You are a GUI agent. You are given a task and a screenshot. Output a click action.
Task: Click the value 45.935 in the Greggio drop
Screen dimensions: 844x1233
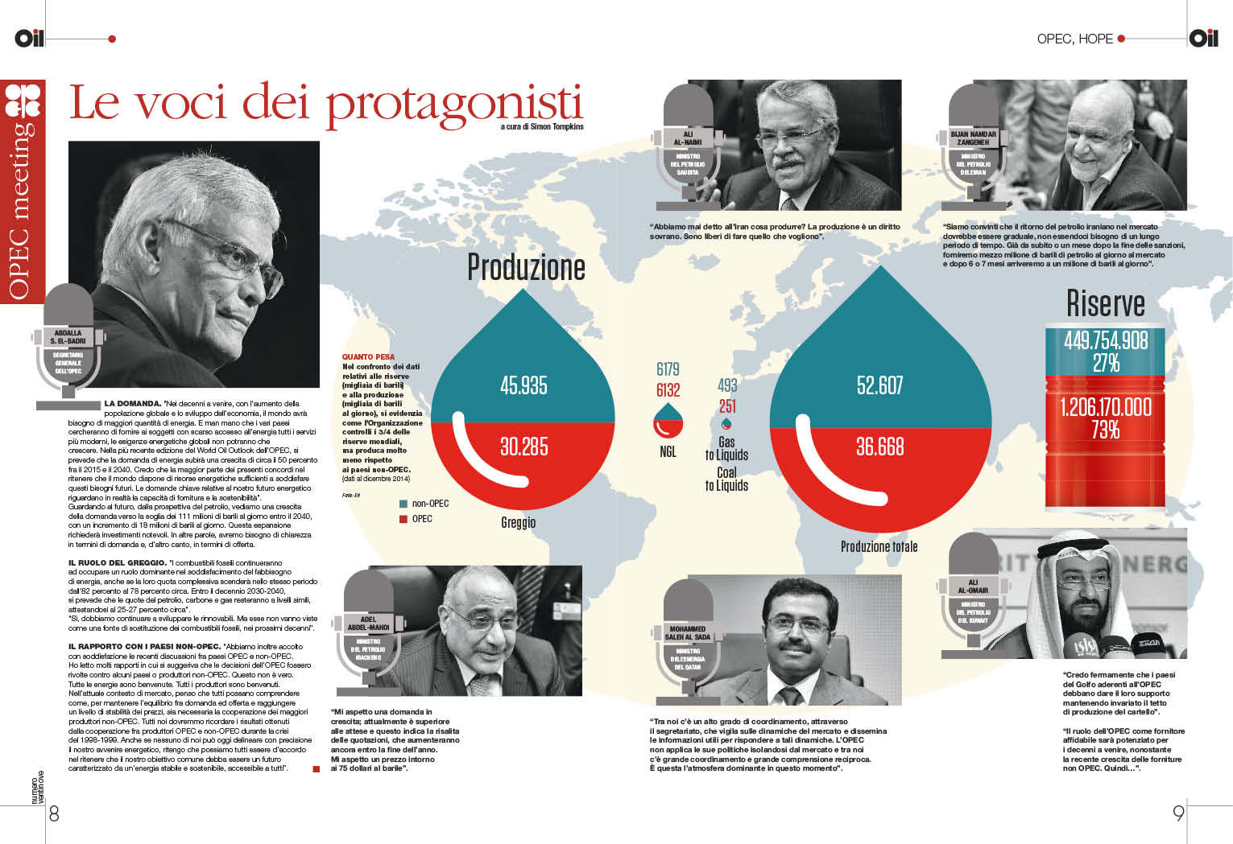click(523, 385)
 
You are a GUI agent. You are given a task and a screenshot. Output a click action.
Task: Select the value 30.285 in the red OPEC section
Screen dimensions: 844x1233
click(523, 447)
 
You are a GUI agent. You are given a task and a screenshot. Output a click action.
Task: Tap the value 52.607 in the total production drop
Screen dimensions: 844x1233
click(879, 385)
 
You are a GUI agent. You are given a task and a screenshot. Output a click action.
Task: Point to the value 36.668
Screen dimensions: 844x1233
click(879, 447)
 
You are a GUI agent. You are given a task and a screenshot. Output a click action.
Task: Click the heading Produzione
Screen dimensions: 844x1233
click(526, 267)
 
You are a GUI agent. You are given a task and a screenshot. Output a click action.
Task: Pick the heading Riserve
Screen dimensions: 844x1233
click(1105, 303)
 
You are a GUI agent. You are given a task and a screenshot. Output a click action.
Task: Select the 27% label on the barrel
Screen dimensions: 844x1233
click(1106, 364)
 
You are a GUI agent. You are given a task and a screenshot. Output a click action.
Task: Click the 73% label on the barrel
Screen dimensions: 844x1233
click(1106, 430)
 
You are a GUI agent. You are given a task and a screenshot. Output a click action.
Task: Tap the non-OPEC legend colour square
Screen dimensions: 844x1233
click(403, 504)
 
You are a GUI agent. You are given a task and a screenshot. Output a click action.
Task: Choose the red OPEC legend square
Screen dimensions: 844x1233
click(403, 519)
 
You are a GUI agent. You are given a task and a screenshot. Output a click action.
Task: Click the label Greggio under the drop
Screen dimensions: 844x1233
click(518, 523)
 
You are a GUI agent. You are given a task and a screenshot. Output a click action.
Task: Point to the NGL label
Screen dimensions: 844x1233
click(668, 452)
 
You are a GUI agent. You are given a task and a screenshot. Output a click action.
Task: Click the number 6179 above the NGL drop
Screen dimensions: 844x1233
click(668, 369)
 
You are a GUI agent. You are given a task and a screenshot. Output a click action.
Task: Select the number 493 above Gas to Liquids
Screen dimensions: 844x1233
click(727, 385)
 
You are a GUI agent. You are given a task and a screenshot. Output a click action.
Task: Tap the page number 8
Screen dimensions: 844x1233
click(54, 813)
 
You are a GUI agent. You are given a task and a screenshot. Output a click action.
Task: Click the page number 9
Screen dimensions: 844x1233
click(1178, 813)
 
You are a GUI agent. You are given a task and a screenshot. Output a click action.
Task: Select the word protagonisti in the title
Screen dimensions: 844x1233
click(454, 105)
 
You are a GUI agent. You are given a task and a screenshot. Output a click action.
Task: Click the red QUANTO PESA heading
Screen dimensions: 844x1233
click(368, 356)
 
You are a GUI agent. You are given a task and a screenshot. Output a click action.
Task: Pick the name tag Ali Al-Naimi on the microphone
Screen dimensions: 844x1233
click(688, 138)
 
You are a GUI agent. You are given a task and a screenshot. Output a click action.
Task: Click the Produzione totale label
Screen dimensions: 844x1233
click(879, 547)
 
